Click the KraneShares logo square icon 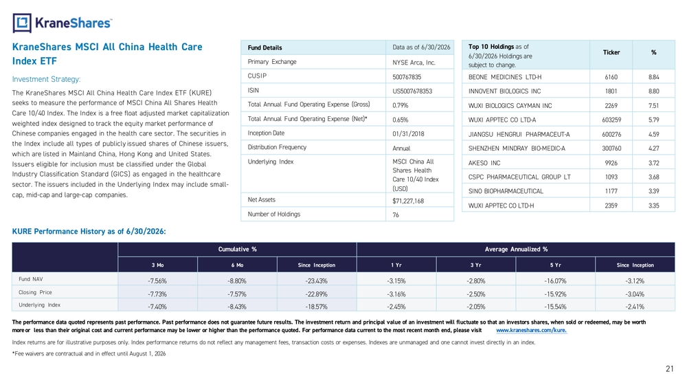22,23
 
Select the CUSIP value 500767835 407,77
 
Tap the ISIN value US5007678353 412,91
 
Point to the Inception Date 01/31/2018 408,133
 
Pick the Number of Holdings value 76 396,214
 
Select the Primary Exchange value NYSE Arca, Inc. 414,63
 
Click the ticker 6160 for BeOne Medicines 611,77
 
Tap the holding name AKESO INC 484,163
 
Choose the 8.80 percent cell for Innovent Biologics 654,91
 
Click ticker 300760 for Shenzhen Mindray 611,148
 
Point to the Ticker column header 611,53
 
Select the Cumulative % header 238,250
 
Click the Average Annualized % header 516,250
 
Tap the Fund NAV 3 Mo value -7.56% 157,281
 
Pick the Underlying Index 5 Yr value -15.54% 555,307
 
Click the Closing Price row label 35,292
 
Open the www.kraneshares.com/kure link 532,331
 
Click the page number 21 669,369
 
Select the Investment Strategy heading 47,79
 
